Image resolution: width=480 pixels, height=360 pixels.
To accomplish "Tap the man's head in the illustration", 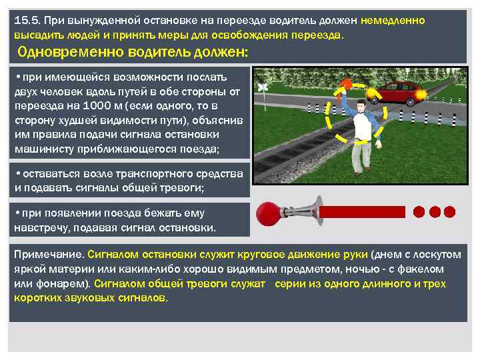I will [361, 105].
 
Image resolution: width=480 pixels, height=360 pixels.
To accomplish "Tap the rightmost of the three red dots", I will [450, 212].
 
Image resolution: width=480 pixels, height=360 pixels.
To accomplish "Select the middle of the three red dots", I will [435, 212].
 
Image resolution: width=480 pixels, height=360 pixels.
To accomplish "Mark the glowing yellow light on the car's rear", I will [420, 95].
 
